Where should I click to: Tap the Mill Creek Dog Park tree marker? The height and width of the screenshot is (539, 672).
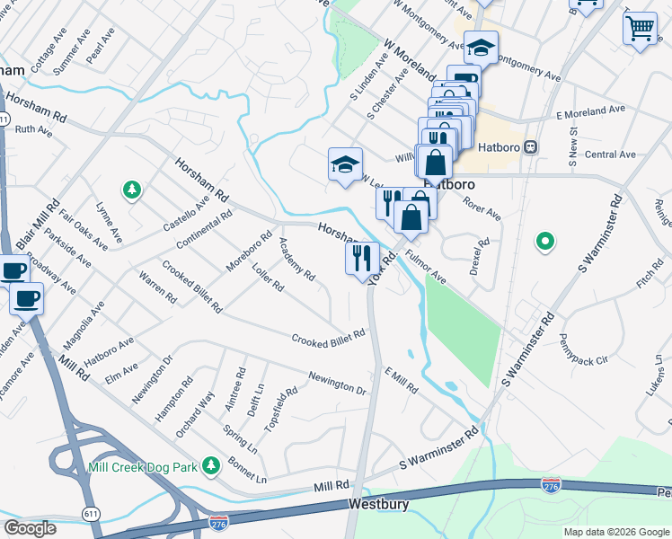point(211,465)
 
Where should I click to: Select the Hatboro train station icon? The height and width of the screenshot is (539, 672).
point(531,146)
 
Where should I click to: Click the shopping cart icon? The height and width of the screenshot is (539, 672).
point(639,29)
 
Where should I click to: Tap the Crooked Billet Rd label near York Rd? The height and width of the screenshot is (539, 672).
point(328,337)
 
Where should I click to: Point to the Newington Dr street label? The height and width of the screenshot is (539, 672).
point(337,384)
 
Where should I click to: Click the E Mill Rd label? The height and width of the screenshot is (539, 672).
point(401,381)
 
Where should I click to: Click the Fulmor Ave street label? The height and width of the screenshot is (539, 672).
point(425,267)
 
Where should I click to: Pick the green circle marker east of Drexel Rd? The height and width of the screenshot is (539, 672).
point(544,241)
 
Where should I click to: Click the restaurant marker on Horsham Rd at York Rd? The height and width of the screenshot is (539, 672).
point(362,259)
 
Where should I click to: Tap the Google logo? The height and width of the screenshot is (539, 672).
point(31,528)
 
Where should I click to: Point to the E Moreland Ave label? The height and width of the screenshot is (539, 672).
point(590,111)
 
